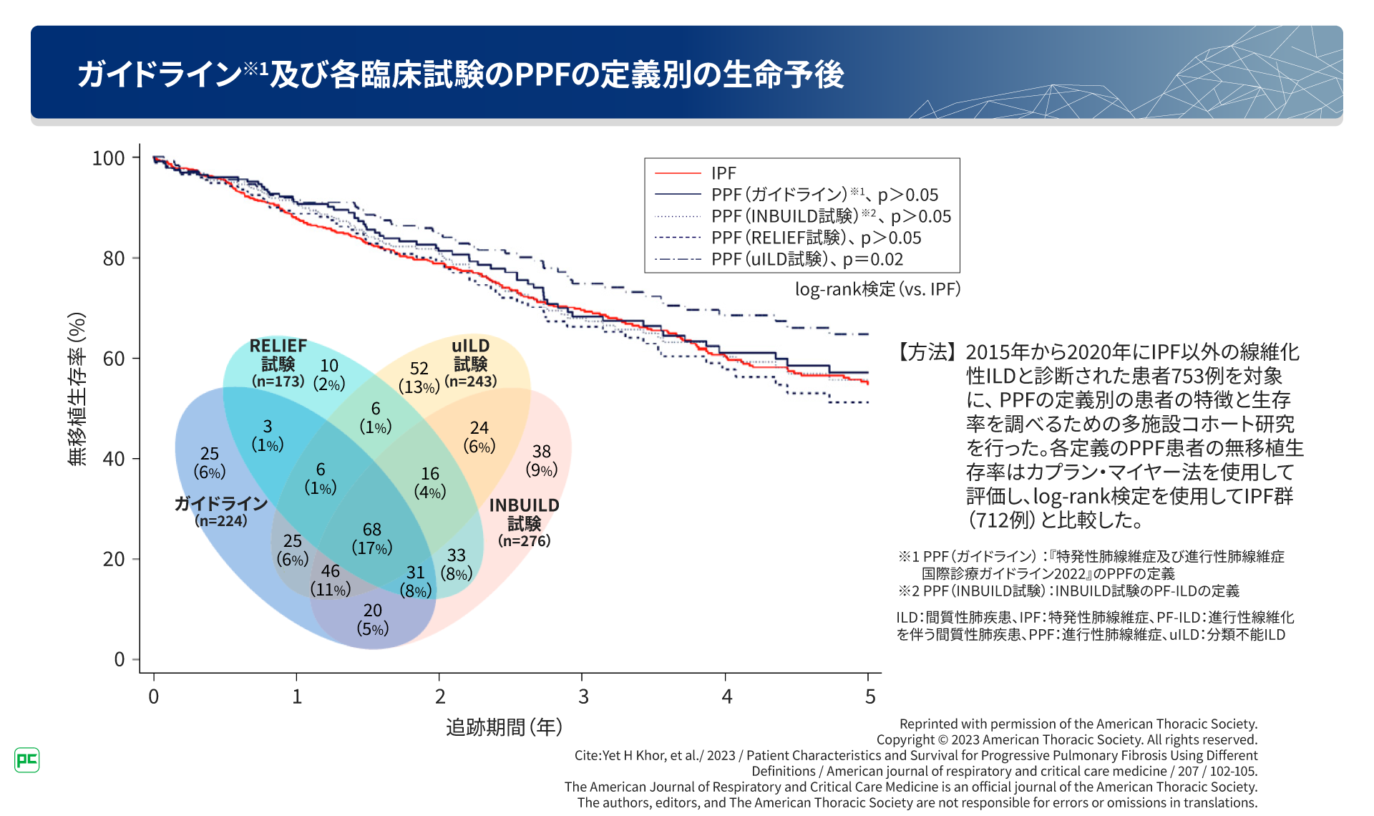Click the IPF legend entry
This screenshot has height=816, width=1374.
pos(723,173)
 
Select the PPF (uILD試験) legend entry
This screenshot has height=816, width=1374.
pos(807,259)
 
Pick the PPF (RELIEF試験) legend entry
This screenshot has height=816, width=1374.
pos(816,238)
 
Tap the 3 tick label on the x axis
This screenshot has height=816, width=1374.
pos(583,696)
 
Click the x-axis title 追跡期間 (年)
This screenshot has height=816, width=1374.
pos(504,727)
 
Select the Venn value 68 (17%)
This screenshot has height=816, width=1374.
pos(372,538)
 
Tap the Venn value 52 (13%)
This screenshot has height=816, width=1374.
pos(419,377)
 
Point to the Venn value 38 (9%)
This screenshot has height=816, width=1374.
pos(542,460)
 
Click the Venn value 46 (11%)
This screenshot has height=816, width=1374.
pos(331,580)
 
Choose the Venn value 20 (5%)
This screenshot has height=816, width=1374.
pos(373,619)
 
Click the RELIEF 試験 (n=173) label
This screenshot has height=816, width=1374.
pos(278,363)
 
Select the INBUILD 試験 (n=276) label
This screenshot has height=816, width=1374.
pos(525,523)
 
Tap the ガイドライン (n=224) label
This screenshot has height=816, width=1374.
pos(221,512)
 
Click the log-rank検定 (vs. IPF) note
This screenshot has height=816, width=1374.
pos(877,289)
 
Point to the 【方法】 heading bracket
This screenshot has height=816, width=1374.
pos(927,352)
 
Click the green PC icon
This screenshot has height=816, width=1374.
pos(26,759)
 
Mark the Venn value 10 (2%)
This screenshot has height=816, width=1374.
pos(329,374)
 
